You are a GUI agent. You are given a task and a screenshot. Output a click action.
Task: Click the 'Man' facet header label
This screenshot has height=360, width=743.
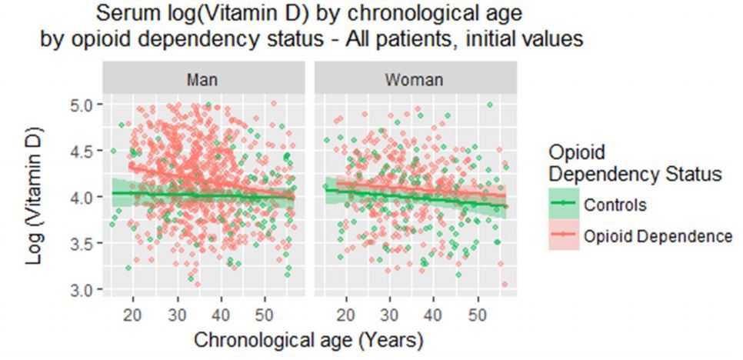click(205, 79)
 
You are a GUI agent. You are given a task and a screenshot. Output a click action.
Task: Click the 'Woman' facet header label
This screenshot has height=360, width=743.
click(415, 79)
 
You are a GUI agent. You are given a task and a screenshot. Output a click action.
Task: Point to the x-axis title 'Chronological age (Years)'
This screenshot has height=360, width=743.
click(308, 338)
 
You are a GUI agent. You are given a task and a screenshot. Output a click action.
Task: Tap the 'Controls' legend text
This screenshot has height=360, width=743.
click(615, 205)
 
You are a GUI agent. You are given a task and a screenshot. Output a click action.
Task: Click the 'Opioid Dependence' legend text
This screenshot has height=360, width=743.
click(658, 237)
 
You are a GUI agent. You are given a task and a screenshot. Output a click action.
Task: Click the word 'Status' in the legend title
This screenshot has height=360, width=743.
click(691, 175)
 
